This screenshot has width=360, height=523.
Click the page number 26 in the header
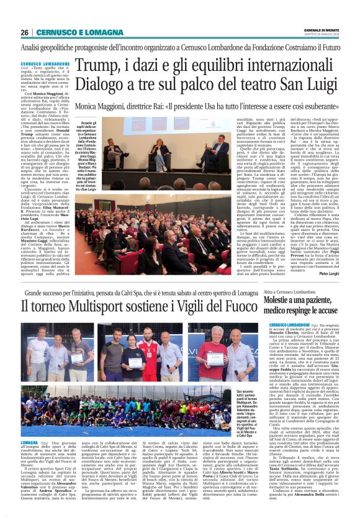coord(24,32)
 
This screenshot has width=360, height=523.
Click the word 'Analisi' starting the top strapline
coord(31,47)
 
